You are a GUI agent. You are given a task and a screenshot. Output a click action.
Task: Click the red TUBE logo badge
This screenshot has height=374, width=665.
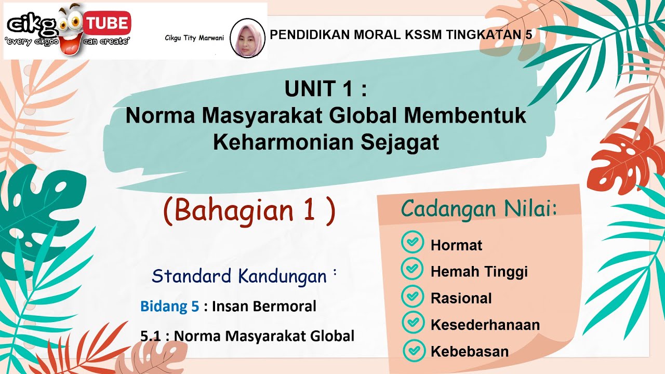(107, 23)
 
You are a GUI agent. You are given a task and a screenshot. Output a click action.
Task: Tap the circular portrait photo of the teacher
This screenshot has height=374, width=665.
(247, 38)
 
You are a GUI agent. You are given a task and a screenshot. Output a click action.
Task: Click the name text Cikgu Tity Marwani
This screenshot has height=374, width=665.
(194, 38)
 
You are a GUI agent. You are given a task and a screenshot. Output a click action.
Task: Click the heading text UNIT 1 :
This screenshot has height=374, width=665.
(326, 89)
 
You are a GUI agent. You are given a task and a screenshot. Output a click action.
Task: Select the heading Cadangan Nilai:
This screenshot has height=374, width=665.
(478, 209)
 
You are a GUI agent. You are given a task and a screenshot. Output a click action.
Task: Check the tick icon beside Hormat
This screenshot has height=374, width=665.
(413, 242)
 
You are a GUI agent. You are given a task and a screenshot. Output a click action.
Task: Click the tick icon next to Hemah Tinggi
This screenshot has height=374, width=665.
(413, 269)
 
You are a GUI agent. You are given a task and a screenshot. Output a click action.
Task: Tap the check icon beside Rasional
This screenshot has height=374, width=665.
(413, 296)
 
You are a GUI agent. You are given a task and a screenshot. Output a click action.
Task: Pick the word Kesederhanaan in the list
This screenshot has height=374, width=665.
(485, 325)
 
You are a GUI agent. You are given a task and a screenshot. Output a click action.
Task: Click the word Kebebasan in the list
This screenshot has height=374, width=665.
(470, 352)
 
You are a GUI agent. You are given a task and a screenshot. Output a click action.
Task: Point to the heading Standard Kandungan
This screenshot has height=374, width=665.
(239, 276)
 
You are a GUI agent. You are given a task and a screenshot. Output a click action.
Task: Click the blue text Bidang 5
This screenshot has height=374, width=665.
(169, 306)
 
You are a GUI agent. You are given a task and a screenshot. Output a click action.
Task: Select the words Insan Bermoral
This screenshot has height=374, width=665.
(264, 306)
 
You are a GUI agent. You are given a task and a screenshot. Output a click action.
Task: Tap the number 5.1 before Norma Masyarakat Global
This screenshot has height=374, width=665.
(151, 336)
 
